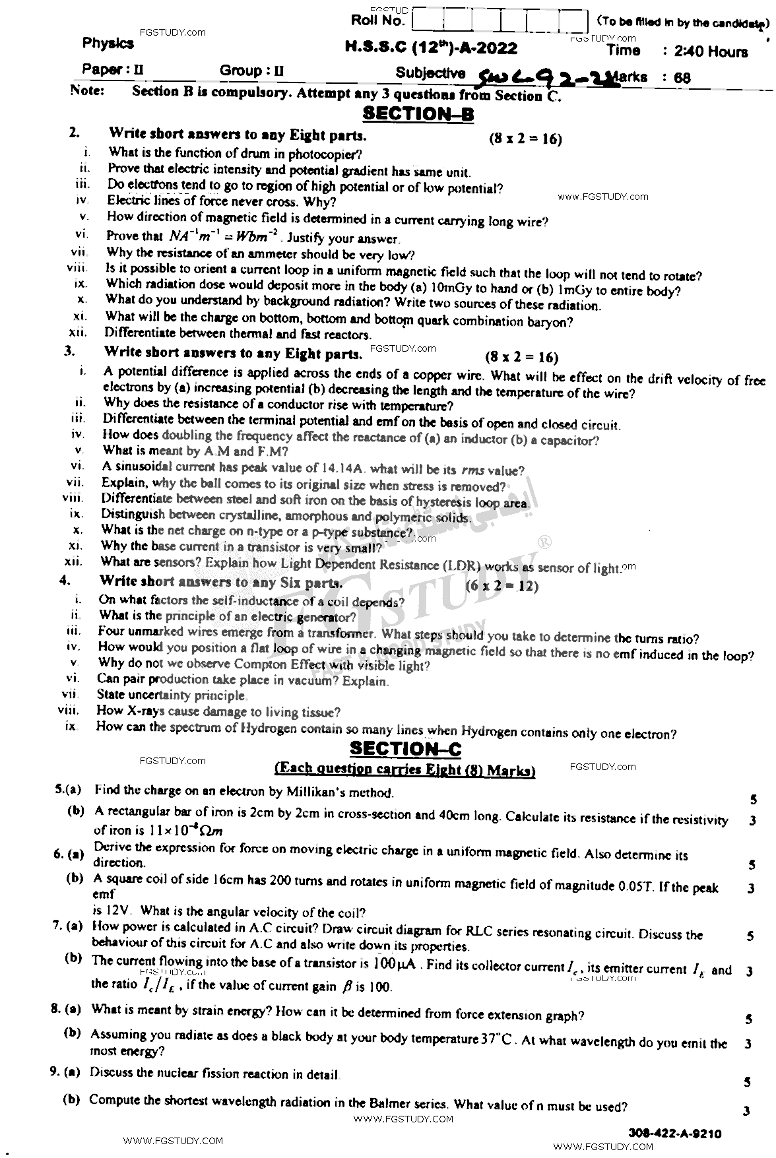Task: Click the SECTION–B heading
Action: [x=418, y=114]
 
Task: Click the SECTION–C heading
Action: [x=405, y=748]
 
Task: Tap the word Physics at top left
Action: [x=108, y=44]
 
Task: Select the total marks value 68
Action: [x=682, y=78]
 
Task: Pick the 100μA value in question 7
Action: [x=395, y=964]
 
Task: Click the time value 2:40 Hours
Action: [x=707, y=51]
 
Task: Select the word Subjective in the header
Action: [x=430, y=73]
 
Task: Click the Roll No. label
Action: [x=377, y=20]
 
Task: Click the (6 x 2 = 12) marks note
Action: [x=502, y=586]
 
